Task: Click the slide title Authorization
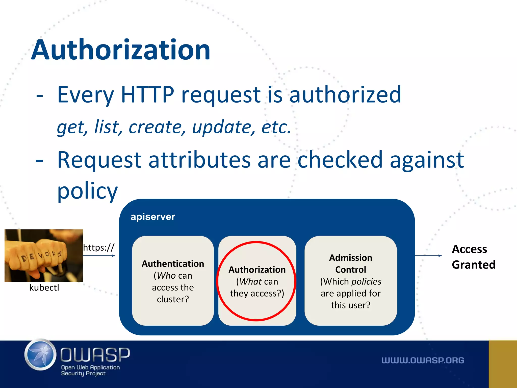[121, 50]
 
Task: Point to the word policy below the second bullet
[87, 191]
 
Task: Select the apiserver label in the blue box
[153, 217]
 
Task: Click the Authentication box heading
[173, 264]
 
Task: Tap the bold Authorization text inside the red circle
[257, 270]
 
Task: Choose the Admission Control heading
[351, 264]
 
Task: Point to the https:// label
[99, 248]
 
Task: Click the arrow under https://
[99, 256]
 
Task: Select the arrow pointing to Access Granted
[428, 256]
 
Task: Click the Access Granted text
[473, 257]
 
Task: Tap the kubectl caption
[44, 287]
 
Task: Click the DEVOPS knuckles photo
[44, 255]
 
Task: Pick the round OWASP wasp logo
[40, 355]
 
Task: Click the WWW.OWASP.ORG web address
[423, 360]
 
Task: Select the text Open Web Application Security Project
[90, 370]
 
